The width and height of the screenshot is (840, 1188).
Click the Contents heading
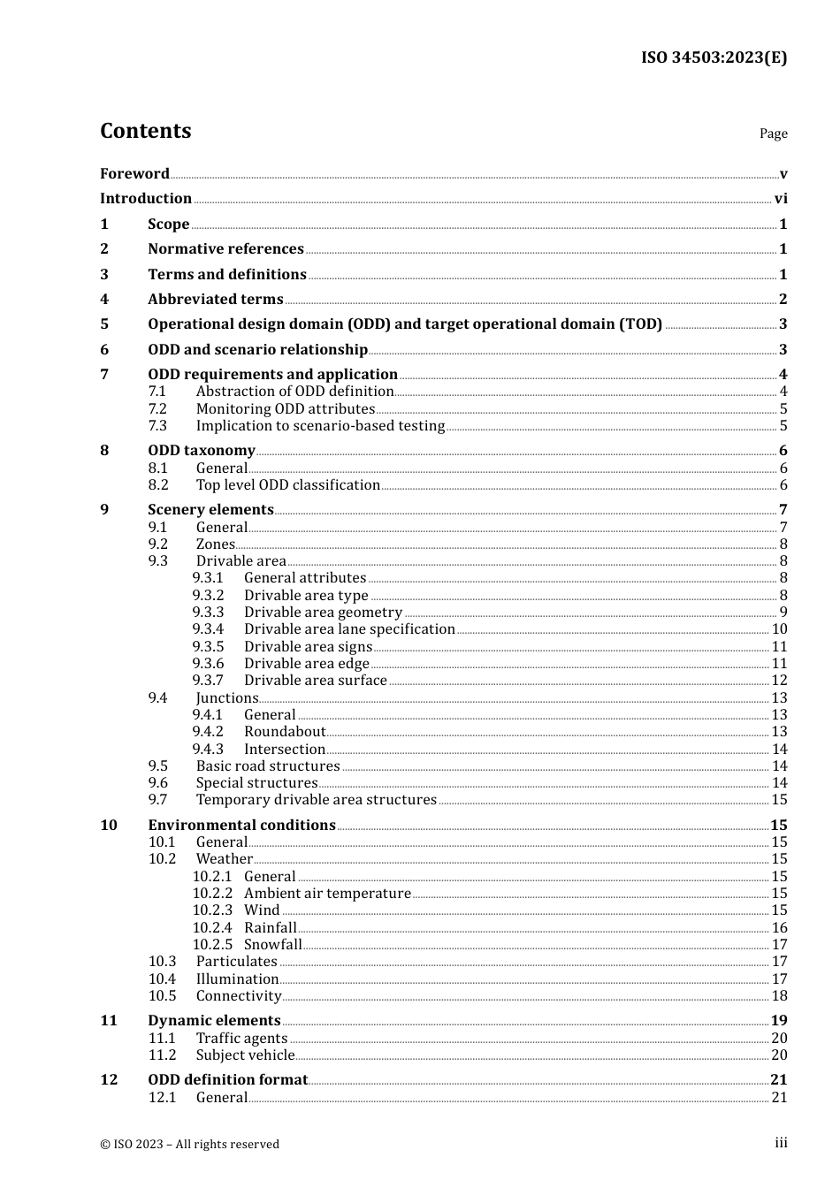[145, 131]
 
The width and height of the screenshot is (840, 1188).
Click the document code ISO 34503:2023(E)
[714, 57]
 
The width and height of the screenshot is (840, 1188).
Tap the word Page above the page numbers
[773, 133]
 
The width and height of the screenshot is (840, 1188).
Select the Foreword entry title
[134, 173]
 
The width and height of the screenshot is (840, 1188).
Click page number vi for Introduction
[781, 199]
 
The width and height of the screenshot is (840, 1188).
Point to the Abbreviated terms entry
[215, 300]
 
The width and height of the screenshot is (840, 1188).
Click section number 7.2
[157, 408]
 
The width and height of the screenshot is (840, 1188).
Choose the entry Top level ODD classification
[287, 485]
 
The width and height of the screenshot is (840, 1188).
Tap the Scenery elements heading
[210, 510]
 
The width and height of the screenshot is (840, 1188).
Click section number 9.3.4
[208, 629]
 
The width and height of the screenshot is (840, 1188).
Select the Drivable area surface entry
[315, 681]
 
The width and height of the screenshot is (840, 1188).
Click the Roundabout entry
[285, 732]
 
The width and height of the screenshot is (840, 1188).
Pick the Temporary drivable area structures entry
[316, 800]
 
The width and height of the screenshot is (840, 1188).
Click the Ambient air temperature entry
[327, 894]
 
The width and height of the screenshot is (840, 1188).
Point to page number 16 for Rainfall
[779, 928]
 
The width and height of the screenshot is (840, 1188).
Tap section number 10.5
[162, 996]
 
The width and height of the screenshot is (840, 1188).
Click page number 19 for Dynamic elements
[779, 1021]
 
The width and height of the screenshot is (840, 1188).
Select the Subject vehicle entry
[245, 1055]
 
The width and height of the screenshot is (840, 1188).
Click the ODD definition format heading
[227, 1080]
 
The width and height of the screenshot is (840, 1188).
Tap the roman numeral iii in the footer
[781, 1143]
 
